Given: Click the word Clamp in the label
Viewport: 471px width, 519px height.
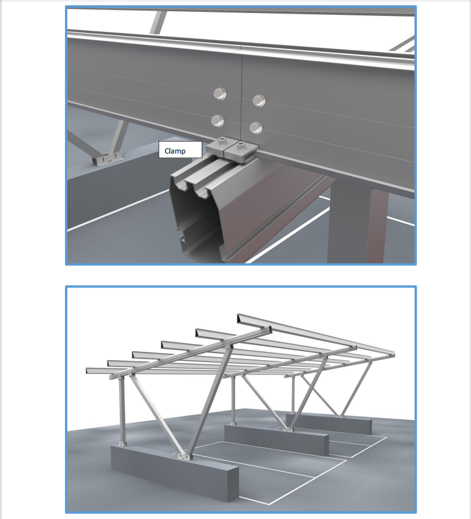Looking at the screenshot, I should (x=175, y=151).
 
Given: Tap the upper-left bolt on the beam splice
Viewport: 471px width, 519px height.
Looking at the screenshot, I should (x=219, y=93).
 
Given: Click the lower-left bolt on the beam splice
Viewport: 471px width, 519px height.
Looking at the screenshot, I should (x=217, y=121).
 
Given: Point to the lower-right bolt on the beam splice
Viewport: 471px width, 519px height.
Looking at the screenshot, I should (x=256, y=127).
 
